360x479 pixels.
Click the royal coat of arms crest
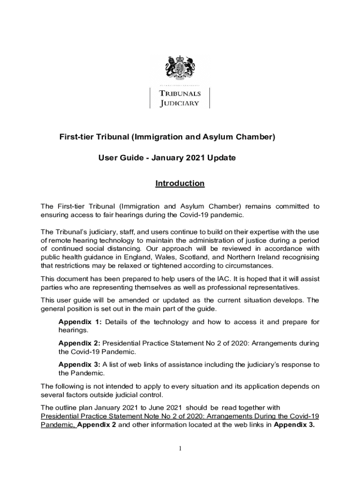[x=180, y=69]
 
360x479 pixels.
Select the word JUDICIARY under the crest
[x=180, y=103]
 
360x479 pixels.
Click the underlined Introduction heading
[x=180, y=183]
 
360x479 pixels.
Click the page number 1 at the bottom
[x=180, y=449]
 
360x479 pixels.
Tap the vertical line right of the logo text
[x=210, y=98]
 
